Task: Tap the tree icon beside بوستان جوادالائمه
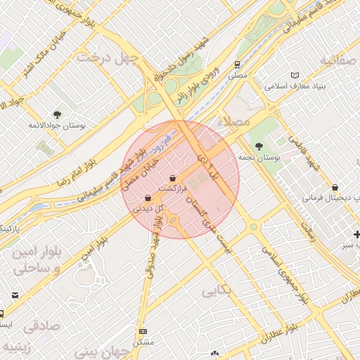[x=57, y=114]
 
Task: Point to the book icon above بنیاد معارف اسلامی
[x=295, y=75]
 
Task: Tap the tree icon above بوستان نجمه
[x=260, y=147]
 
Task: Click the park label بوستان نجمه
[x=259, y=159]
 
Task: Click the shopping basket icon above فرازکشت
[x=173, y=178]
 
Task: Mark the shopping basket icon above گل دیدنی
[x=147, y=198]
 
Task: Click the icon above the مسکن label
[x=143, y=331]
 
